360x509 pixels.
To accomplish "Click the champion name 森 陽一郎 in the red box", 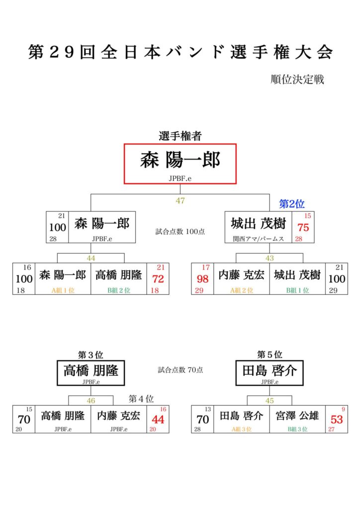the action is click(180, 161).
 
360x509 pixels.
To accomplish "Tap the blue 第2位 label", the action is click(292, 204).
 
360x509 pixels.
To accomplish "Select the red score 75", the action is click(303, 228).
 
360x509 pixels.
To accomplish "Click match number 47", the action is click(180, 201).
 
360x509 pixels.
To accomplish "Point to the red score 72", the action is click(158, 279).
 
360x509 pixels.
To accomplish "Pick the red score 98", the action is click(202, 279).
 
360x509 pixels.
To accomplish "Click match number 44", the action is click(91, 258).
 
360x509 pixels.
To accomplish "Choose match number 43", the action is click(270, 258).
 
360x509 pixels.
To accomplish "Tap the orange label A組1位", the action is click(63, 290).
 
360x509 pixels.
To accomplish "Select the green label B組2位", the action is click(119, 290).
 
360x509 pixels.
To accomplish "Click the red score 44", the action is click(158, 420).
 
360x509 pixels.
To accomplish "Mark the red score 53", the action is click(337, 420).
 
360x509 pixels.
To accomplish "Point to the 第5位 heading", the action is click(270, 354).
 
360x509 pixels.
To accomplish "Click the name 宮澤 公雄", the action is click(297, 416).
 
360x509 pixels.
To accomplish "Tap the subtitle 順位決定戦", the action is click(297, 80).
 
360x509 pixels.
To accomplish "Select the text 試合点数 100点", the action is click(180, 232).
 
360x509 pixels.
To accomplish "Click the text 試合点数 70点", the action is click(180, 370).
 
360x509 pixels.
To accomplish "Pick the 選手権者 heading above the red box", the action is click(180, 136).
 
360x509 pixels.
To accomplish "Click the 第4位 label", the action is click(141, 399).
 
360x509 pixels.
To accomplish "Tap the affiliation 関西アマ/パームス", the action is click(259, 239).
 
